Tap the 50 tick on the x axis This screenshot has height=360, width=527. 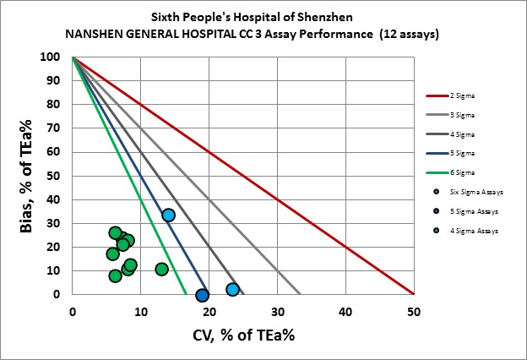pos(413,311)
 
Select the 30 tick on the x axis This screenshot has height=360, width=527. pos(277,311)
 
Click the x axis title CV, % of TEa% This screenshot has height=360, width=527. pos(242,334)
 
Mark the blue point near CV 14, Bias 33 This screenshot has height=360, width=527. pos(168,215)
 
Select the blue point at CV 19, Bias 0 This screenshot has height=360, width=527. pos(202,295)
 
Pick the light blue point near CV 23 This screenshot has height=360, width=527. pos(232,290)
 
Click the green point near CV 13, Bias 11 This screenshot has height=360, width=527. pos(161,270)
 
